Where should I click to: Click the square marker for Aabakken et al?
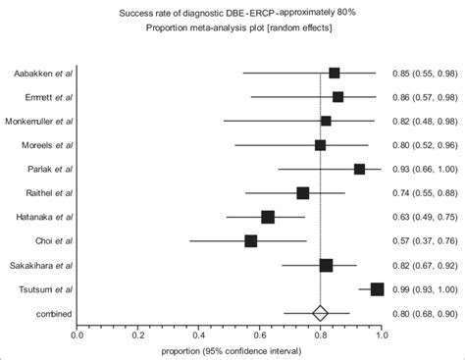[335, 73]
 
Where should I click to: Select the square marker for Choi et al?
[251, 240]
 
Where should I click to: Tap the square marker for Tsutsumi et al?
[378, 288]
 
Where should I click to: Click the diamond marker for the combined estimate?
[320, 313]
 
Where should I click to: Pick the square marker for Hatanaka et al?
[268, 217]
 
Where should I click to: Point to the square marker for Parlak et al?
[359, 169]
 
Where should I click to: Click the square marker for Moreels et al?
[320, 145]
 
